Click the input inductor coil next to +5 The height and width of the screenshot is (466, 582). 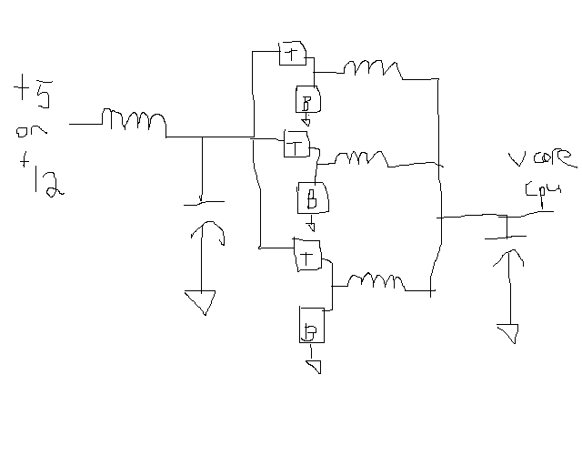click(134, 121)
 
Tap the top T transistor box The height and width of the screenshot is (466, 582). click(291, 54)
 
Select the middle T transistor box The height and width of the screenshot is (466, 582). click(296, 143)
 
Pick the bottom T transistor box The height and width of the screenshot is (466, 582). click(306, 255)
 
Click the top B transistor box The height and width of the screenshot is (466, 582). click(306, 100)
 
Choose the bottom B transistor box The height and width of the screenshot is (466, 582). click(311, 325)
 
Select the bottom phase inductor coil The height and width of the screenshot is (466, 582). click(375, 279)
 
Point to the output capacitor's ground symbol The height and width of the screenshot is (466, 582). click(507, 331)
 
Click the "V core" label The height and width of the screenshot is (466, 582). click(542, 162)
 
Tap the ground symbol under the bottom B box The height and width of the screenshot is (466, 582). click(314, 366)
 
